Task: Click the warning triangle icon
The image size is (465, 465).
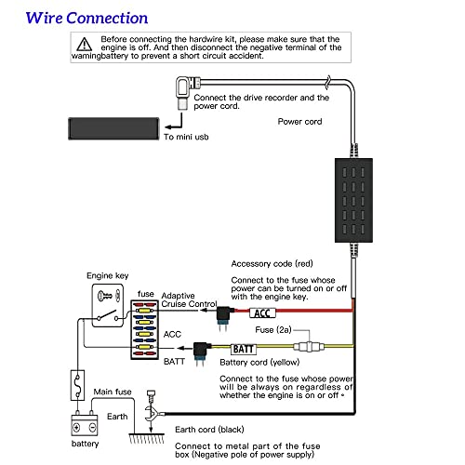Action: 85,45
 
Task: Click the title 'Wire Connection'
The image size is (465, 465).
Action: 86,18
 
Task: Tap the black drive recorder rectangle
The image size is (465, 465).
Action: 113,128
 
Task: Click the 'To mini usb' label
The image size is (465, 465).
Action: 186,137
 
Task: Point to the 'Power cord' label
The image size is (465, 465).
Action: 299,122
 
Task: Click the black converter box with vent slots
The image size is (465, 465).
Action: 353,200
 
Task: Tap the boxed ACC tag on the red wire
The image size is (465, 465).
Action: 262,313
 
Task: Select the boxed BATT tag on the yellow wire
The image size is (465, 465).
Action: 244,350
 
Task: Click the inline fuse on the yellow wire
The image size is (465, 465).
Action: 309,346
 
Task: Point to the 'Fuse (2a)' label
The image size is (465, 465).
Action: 273,330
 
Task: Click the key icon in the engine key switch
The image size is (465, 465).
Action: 105,296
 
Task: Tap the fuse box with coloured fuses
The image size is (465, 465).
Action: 145,329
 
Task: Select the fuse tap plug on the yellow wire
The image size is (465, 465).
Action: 202,352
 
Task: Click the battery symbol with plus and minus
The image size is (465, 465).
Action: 85,425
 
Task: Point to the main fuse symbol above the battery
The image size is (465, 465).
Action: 77,385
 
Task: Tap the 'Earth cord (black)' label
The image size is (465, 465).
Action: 209,430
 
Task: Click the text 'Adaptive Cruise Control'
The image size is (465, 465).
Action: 189,299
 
